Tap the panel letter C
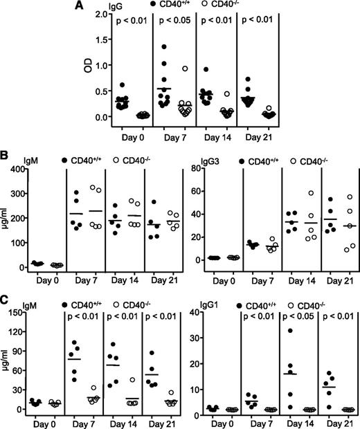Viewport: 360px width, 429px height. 5,282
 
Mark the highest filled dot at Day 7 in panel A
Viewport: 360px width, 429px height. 164,47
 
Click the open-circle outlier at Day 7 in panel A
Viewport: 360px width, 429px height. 186,69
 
